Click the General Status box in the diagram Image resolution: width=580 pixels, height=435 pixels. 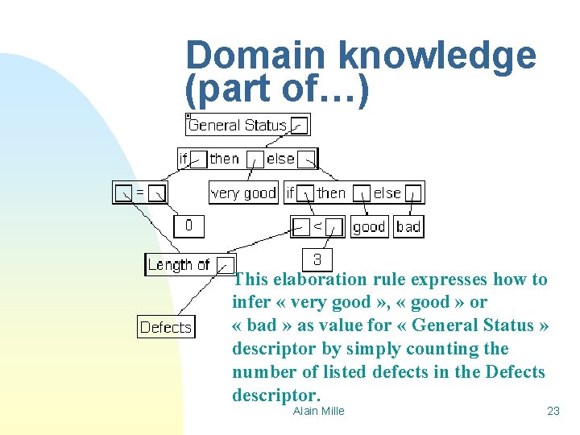(x=238, y=125)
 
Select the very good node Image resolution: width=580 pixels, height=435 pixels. (x=243, y=193)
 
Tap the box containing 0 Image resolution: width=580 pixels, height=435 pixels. (x=188, y=226)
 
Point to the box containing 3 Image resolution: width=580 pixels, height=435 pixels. (x=317, y=259)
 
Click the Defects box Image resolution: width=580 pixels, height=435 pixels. (x=166, y=327)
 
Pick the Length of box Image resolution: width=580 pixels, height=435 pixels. (x=179, y=264)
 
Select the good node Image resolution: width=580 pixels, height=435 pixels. (x=369, y=226)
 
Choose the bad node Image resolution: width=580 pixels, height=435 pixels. (x=408, y=226)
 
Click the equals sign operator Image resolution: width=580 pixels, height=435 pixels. (x=139, y=193)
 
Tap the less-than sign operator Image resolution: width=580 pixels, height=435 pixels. (x=317, y=226)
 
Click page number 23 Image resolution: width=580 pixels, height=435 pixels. (x=553, y=411)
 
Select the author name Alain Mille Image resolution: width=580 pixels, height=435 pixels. (x=318, y=411)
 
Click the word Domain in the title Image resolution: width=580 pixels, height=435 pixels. (x=256, y=56)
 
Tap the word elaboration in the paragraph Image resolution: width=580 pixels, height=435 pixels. (x=320, y=280)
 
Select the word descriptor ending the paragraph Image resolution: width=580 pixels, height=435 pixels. (x=275, y=396)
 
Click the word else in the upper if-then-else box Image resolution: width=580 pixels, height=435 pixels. (x=280, y=159)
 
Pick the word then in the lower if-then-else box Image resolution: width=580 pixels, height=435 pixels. (x=331, y=193)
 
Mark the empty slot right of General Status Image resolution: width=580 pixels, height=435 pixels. (x=299, y=125)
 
